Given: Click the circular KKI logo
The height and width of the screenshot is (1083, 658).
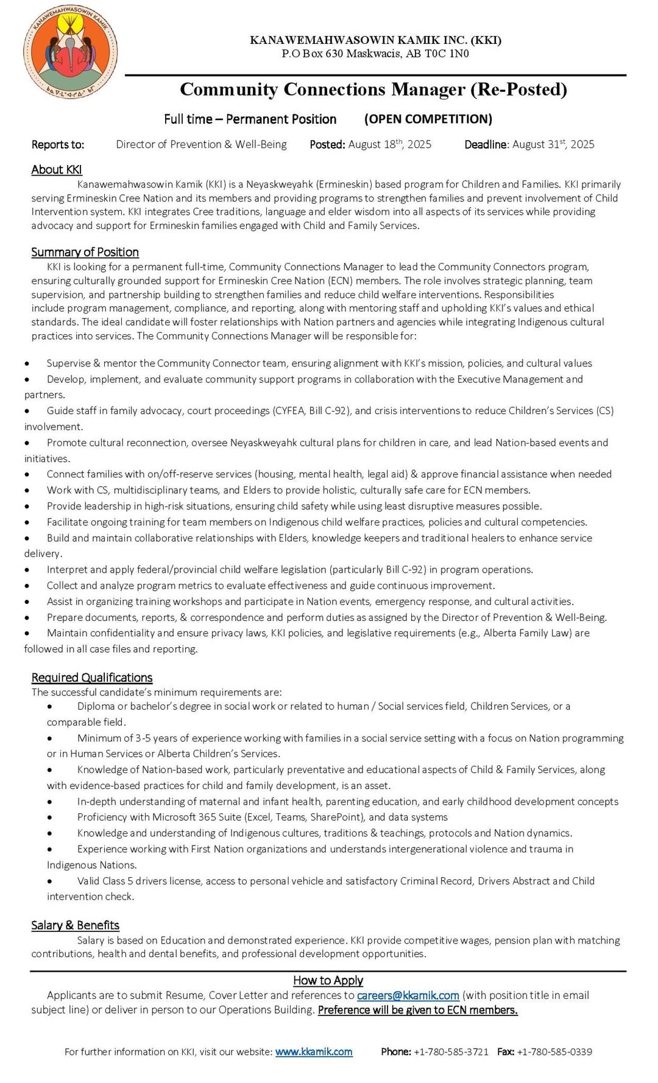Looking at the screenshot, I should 71,52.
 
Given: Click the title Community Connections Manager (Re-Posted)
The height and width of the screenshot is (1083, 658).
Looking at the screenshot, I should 373,89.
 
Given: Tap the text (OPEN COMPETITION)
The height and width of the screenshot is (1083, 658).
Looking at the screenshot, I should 428,119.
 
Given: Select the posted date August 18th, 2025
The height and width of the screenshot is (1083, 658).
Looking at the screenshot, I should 389,144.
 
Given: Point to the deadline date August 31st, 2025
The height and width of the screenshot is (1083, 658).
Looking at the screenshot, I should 553,144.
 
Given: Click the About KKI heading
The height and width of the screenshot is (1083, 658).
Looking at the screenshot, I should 57,170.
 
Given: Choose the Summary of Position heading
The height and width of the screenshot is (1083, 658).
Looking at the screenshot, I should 85,252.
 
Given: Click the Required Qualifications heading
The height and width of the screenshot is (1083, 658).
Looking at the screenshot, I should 92,678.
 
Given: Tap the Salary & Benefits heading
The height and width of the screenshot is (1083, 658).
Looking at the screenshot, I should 75,925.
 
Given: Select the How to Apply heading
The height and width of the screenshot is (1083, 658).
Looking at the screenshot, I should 328,980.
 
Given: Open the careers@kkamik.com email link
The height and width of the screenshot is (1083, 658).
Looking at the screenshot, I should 408,995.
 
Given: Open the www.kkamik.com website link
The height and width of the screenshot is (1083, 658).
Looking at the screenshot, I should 314,1051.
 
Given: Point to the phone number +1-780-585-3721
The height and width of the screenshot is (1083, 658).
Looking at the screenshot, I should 451,1051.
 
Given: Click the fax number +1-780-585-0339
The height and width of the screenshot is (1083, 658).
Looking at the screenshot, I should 554,1051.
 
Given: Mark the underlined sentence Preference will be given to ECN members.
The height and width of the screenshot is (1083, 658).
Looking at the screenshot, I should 417,1010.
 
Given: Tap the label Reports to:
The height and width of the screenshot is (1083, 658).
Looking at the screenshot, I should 58,145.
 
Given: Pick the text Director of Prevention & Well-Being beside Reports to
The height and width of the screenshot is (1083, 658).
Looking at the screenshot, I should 201,144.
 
